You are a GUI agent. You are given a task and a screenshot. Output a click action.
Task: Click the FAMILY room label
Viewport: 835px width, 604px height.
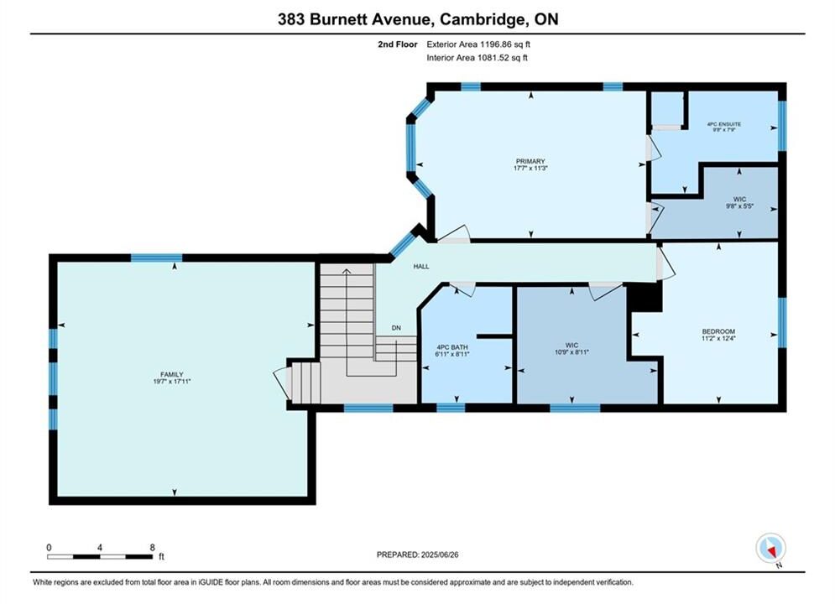click(171, 374)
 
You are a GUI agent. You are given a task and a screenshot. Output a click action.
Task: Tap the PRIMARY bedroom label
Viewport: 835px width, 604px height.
click(530, 161)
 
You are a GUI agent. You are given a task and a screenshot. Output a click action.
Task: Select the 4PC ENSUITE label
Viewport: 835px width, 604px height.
click(723, 124)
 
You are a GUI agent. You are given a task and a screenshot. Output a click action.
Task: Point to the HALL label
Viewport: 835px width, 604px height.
click(421, 266)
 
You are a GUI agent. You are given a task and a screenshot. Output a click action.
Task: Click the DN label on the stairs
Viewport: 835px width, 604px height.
click(396, 328)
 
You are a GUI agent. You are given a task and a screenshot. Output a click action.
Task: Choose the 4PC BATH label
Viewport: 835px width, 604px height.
click(452, 347)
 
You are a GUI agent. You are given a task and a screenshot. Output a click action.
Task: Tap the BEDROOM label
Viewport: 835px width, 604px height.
click(718, 331)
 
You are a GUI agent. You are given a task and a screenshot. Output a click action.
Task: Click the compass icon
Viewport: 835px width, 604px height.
click(770, 548)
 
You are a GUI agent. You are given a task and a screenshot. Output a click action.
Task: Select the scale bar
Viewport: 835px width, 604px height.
click(100, 557)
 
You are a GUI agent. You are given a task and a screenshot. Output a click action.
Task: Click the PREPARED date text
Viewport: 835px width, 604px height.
click(418, 555)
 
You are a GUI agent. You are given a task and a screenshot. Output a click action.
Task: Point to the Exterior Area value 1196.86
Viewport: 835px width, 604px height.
click(495, 44)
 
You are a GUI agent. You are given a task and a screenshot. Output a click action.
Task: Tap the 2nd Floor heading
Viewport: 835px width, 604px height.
click(398, 44)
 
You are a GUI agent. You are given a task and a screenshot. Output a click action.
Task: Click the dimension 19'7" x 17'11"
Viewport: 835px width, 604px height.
click(171, 381)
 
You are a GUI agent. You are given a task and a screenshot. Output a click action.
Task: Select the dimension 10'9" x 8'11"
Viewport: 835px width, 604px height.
click(572, 351)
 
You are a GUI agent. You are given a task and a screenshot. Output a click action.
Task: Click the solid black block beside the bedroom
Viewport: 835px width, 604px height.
click(645, 298)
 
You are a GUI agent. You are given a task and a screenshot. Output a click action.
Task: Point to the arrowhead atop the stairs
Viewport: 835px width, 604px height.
click(346, 272)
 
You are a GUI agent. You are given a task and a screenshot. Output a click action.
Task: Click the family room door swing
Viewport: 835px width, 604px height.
click(280, 382)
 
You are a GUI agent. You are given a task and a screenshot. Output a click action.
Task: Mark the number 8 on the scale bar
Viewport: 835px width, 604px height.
click(152, 547)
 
